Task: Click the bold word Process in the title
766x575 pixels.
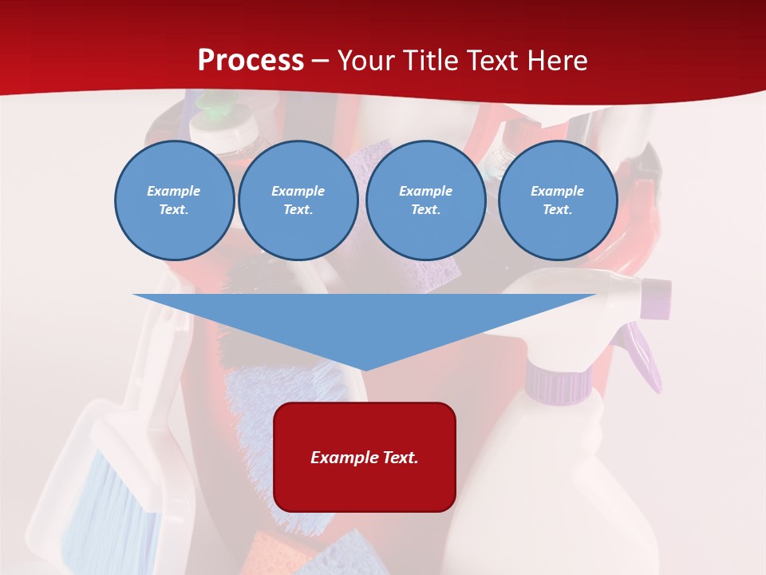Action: pos(251,61)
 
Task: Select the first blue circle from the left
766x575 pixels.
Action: pos(174,200)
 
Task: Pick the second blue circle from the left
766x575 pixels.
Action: pos(298,200)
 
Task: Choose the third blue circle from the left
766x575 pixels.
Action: pos(425,200)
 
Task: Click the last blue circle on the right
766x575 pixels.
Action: pos(558,200)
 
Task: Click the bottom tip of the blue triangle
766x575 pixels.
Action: pos(365,367)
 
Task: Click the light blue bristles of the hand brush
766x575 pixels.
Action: pos(124,495)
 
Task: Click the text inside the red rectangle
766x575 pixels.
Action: pos(365,458)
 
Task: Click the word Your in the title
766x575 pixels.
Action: pos(366,61)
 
